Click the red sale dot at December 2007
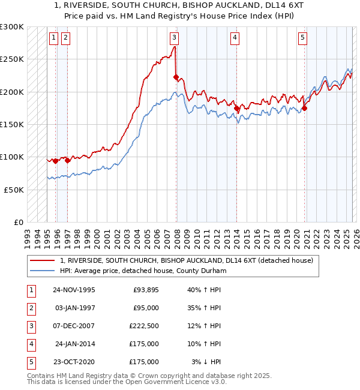tap(176, 77)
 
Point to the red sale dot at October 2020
tap(304, 108)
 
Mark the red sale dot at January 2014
tap(237, 108)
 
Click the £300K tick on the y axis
tap(12, 27)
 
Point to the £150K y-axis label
tap(12, 125)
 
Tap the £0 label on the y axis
tap(17, 222)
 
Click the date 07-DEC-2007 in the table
tap(73, 326)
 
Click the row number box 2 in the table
tap(30, 308)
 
